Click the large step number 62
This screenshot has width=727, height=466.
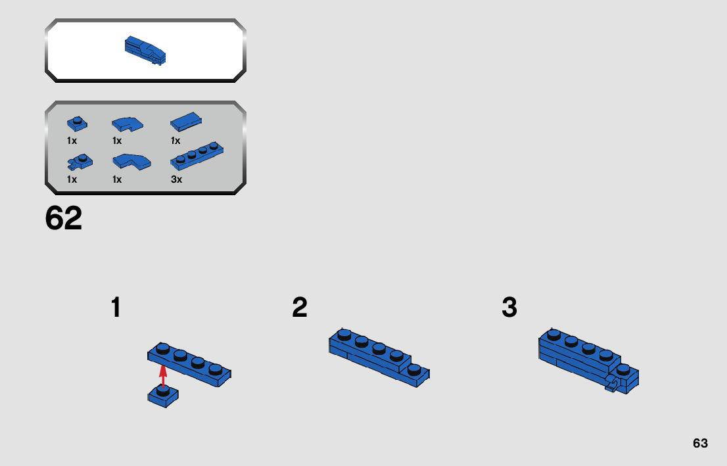pyautogui.click(x=64, y=219)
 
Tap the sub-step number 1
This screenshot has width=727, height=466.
pyautogui.click(x=116, y=308)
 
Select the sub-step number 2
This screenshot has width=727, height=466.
pyautogui.click(x=300, y=308)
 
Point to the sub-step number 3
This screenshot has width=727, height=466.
pyautogui.click(x=509, y=308)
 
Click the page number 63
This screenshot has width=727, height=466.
pyautogui.click(x=700, y=443)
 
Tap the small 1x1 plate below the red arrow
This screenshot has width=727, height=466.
pyautogui.click(x=164, y=397)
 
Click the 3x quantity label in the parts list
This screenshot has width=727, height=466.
pyautogui.click(x=176, y=179)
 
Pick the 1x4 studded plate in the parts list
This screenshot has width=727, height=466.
pyautogui.click(x=197, y=155)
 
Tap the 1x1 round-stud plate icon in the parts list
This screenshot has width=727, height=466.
pyautogui.click(x=77, y=123)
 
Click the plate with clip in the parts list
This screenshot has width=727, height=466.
pyautogui.click(x=79, y=160)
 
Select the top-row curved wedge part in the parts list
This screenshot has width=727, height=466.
pyautogui.click(x=126, y=123)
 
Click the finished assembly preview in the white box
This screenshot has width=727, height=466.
pyautogui.click(x=145, y=51)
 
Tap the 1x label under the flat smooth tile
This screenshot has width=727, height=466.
pyautogui.click(x=176, y=141)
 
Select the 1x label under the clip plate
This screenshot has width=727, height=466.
pyautogui.click(x=72, y=179)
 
